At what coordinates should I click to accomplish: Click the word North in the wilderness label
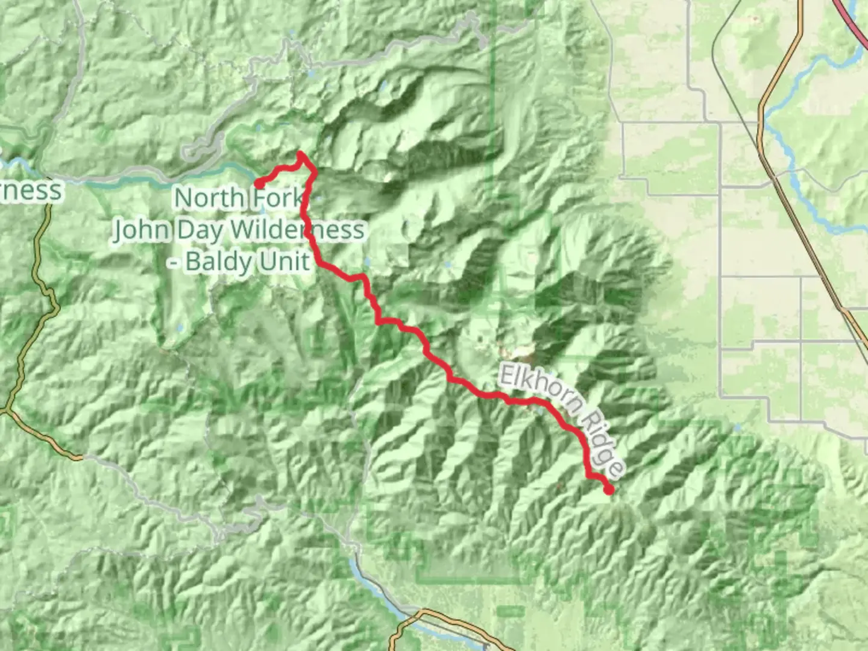coord(209,197)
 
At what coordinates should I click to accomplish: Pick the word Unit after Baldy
coord(283,261)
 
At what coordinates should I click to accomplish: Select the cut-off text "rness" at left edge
coord(31,190)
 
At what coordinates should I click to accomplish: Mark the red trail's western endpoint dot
coord(258,183)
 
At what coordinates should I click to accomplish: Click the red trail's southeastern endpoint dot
coord(609,490)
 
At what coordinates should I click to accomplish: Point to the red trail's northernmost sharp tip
coord(300,154)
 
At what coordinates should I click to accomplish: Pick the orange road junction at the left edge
coord(7,410)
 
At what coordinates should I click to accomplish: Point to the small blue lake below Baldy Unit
coord(179,329)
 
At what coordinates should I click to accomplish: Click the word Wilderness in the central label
coord(298,230)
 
